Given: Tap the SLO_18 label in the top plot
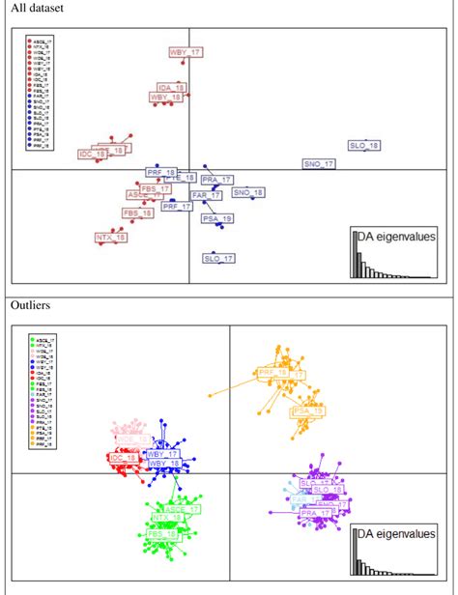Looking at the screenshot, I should coord(364,146).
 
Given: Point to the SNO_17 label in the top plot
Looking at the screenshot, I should coord(319,165).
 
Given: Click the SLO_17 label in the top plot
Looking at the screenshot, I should coord(219,258).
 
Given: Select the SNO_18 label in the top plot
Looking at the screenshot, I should coord(246,192).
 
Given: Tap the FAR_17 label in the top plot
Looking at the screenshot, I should coord(207,195).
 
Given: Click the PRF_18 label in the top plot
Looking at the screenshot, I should coord(161,171).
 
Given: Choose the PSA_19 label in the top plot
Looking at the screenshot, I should coord(217,220).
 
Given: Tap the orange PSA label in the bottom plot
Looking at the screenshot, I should coord(307,411).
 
